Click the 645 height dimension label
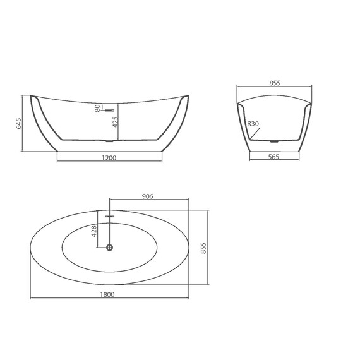pos(19,124)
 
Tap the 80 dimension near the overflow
pos(97,109)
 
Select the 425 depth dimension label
pos(114,122)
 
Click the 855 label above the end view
pos(275,83)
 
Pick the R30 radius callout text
pos(253,124)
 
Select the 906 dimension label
pos(148,196)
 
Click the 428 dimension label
pos(93,231)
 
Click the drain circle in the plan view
pos(110,247)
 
